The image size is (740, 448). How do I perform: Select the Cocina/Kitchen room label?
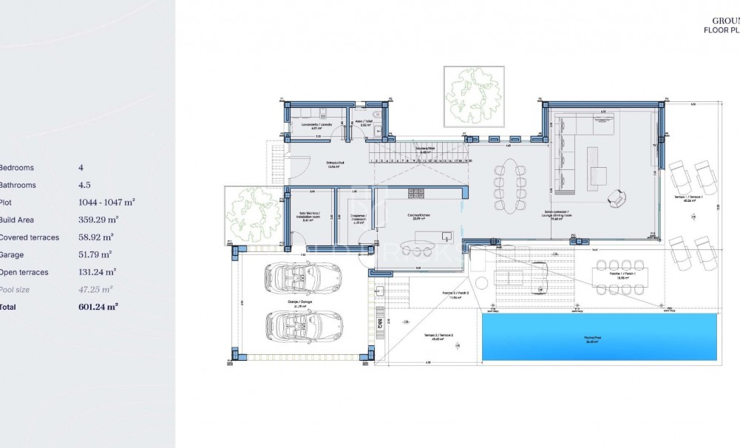coord(419,216)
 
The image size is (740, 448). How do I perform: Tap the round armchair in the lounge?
coord(615,198)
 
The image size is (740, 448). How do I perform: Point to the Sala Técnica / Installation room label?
coord(311,216)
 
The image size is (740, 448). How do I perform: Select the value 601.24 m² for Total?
coord(98,305)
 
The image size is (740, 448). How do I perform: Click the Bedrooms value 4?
coord(81,168)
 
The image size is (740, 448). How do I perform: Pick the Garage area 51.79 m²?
coord(95,254)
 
